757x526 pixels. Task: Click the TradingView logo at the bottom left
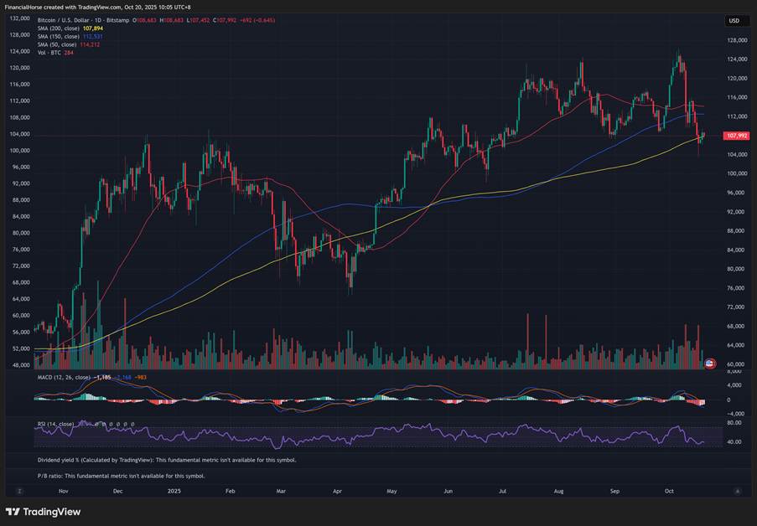[x=43, y=512]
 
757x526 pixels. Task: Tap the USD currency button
[x=734, y=21]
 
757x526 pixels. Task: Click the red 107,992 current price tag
[x=737, y=136]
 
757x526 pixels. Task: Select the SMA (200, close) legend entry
[x=59, y=28]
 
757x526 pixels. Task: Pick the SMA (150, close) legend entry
[x=59, y=37]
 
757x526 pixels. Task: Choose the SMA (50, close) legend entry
[x=58, y=44]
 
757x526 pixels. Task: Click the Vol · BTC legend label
[x=49, y=53]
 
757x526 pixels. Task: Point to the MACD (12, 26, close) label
[x=64, y=378]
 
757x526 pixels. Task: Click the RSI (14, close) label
[x=55, y=424]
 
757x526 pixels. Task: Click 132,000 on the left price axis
[x=19, y=18]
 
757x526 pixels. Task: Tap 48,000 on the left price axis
[x=19, y=365]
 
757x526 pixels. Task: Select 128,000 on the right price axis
[x=737, y=40]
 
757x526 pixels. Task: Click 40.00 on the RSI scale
[x=734, y=441]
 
